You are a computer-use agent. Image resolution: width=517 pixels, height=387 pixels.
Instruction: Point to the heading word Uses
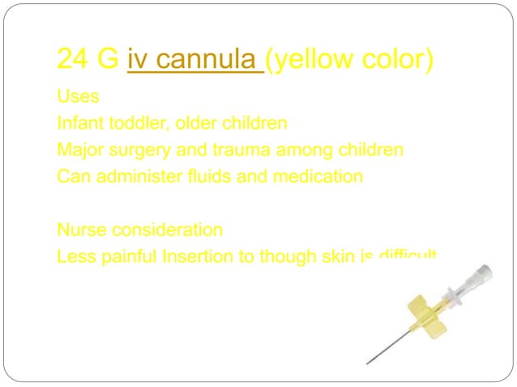tap(78, 97)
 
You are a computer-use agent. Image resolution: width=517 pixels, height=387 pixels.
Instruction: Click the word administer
tap(135, 176)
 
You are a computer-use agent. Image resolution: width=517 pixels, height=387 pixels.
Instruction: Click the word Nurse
tap(80, 230)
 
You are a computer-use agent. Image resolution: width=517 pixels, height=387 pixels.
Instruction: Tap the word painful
tap(126, 257)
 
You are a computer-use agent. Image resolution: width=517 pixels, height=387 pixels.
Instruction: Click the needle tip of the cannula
tap(367, 363)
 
